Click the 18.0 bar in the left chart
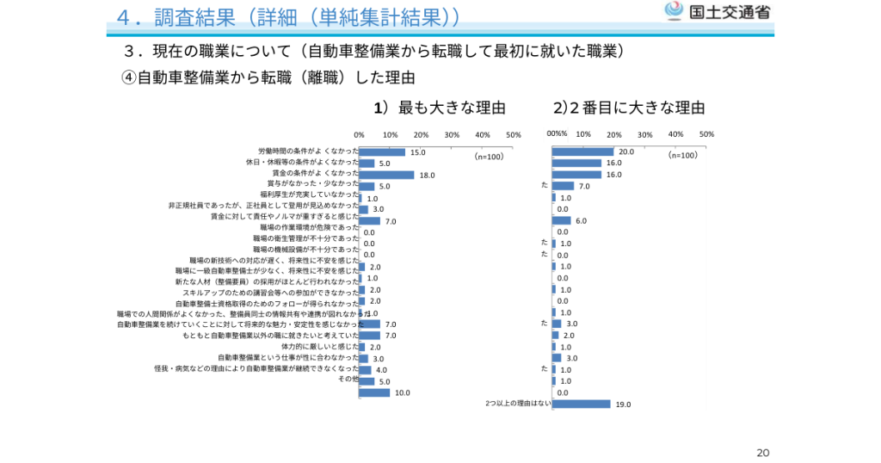pos(386,175)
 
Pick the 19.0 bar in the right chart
pos(581,404)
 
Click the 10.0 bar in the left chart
pos(374,392)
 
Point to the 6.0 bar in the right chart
pos(561,220)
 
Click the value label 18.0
pos(428,175)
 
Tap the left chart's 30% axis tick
pos(452,134)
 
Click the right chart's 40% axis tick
pos(675,134)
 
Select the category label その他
pos(348,380)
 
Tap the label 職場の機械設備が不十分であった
pos(305,248)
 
